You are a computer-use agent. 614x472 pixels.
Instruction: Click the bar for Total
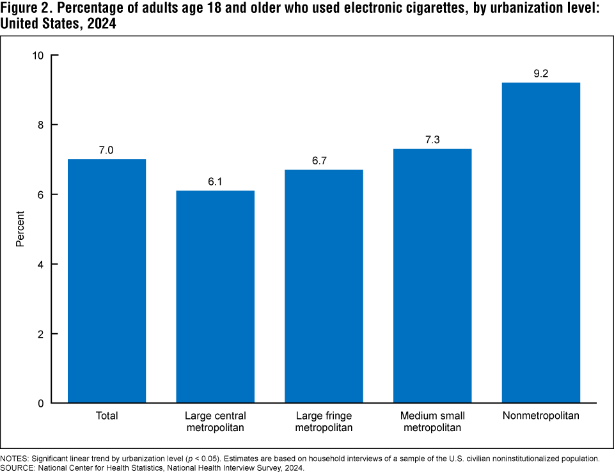(107, 281)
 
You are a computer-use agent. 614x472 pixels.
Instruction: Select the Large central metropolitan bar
(216, 297)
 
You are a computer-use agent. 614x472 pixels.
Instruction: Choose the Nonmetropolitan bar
(541, 243)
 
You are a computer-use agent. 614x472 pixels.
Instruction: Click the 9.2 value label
(541, 74)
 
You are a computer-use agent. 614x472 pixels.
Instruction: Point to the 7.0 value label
(107, 150)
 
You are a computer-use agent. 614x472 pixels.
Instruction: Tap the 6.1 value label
(216, 182)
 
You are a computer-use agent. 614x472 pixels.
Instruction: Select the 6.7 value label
(324, 161)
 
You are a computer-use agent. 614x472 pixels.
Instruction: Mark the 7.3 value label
(432, 140)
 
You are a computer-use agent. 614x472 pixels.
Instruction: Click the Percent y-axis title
(20, 229)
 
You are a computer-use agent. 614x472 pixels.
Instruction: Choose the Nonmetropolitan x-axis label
(541, 416)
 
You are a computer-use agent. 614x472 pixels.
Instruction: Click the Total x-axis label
(107, 416)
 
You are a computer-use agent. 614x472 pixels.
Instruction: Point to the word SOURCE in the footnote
(19, 468)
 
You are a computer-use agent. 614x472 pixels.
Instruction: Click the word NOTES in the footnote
(16, 459)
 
